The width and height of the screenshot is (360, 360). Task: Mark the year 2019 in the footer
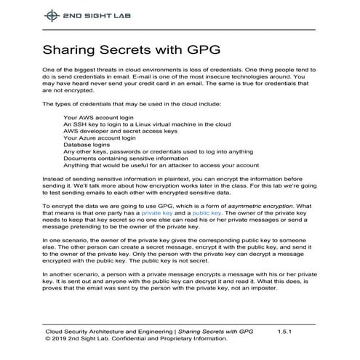click(60, 338)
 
